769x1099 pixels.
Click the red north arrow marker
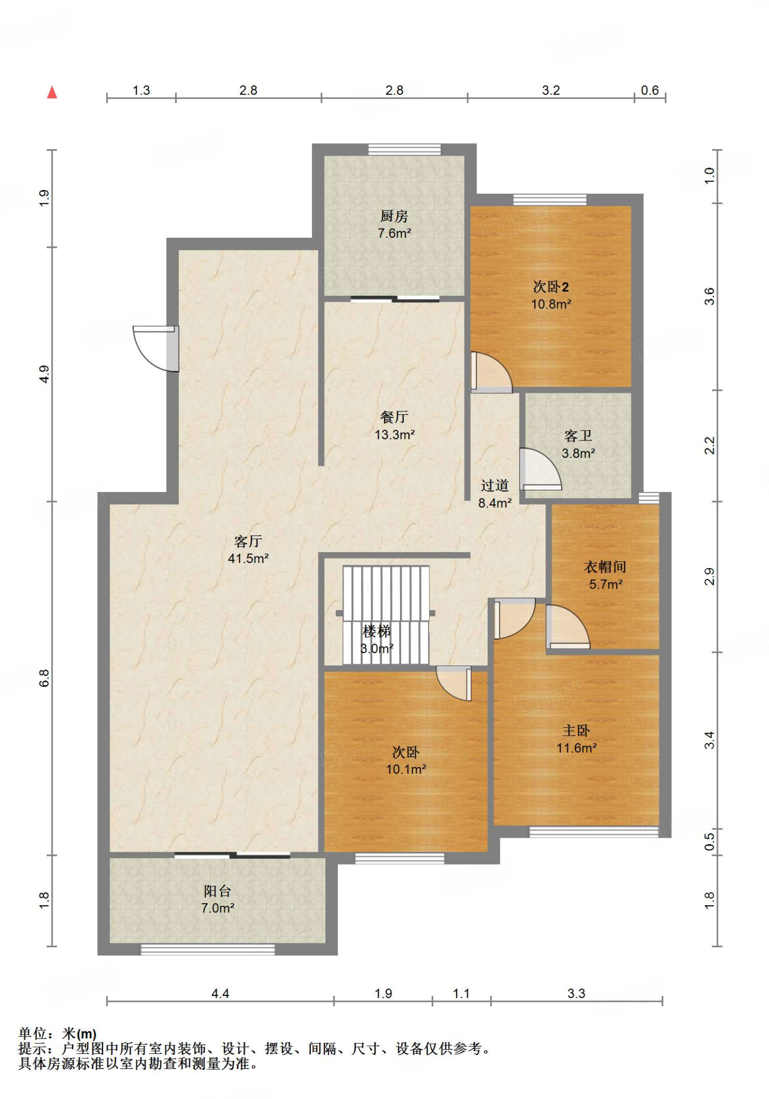point(52,92)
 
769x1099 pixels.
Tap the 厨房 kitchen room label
point(394,216)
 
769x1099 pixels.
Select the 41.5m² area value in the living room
point(248,559)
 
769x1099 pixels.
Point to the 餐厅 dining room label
point(394,417)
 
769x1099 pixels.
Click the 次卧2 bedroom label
point(551,287)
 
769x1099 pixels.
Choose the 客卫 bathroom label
point(578,436)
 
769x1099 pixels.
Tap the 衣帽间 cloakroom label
point(605,567)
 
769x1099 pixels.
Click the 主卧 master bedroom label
point(576,730)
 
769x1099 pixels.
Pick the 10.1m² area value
point(406,770)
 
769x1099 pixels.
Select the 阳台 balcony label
point(217,891)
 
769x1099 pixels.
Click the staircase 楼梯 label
point(377,631)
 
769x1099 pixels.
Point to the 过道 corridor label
point(495,486)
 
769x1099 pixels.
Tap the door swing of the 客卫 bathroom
point(540,469)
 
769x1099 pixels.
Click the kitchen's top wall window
point(404,149)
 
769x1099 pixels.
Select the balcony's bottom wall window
point(208,950)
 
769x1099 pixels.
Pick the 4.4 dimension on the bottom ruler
point(220,994)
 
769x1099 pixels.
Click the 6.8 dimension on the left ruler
point(44,678)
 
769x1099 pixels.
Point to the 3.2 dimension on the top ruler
point(551,90)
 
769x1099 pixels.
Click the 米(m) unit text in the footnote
point(79,1034)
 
